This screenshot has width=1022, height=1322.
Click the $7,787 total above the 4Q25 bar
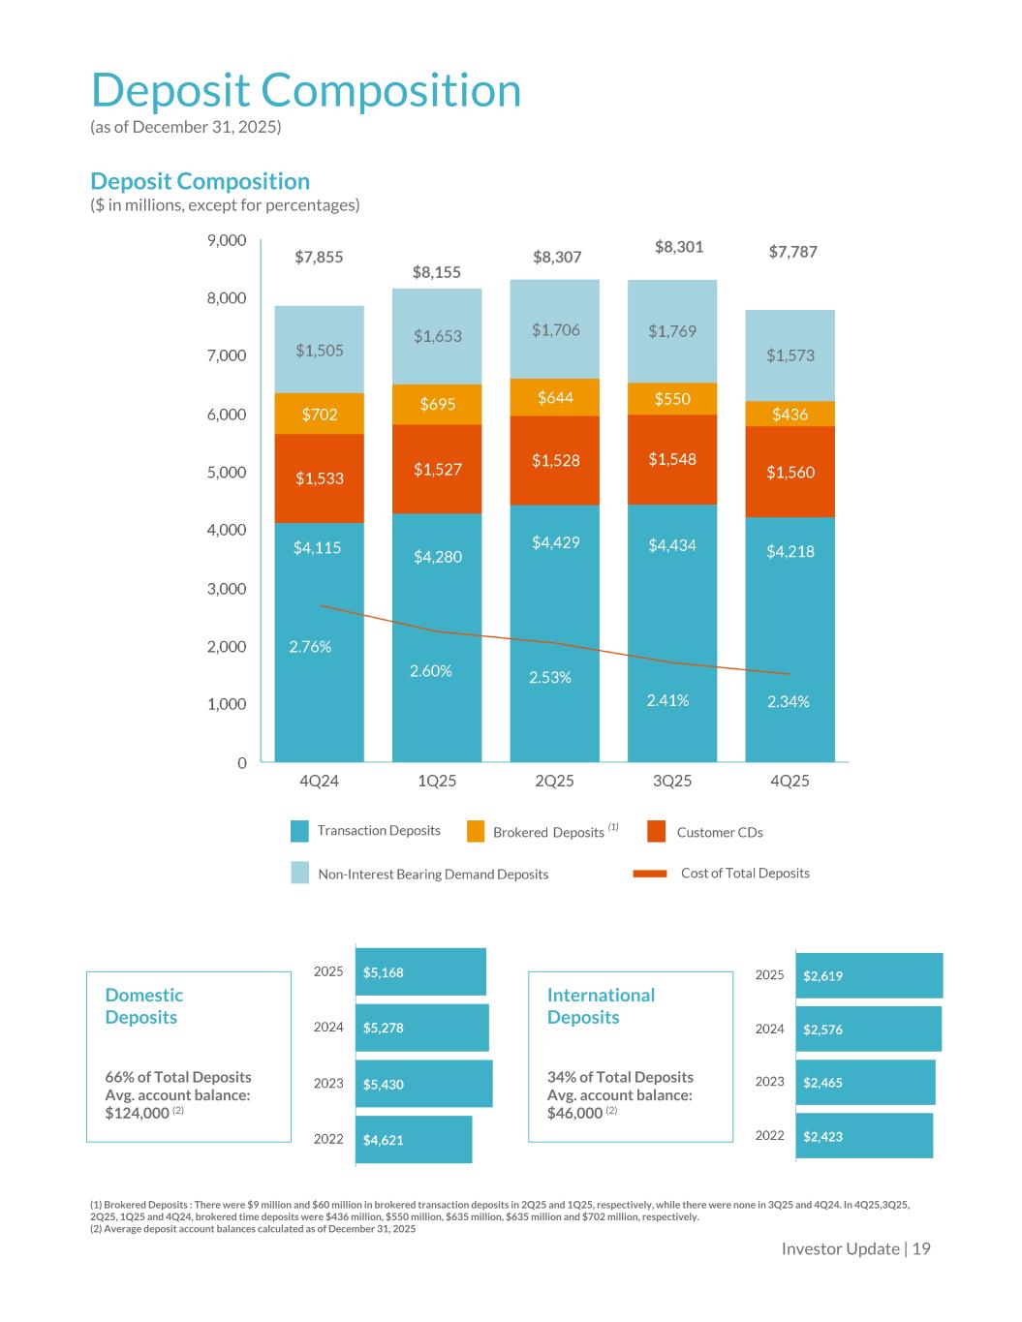(792, 252)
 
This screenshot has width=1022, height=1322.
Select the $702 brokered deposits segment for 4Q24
(320, 415)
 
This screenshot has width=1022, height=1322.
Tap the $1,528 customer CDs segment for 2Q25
(555, 460)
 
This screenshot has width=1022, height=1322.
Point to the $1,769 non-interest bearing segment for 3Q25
(672, 331)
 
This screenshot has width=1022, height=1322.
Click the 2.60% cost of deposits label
(430, 670)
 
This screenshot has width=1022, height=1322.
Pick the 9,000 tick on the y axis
(227, 240)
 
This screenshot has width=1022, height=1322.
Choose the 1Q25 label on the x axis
(437, 781)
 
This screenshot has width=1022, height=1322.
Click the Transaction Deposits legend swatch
(300, 831)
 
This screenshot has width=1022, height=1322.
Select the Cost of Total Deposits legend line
(650, 874)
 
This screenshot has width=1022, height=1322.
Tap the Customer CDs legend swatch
(657, 832)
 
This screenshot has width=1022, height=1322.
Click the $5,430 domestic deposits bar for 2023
(424, 1084)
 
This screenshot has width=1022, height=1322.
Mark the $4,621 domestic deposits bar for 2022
(415, 1140)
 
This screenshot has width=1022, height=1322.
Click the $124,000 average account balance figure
(137, 1114)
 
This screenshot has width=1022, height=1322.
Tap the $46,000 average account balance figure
(575, 1114)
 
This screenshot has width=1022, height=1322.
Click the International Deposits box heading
(601, 1005)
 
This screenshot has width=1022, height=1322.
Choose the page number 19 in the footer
(921, 1248)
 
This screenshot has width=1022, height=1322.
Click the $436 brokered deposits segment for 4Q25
(790, 414)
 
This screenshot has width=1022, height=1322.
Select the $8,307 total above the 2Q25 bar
(557, 257)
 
